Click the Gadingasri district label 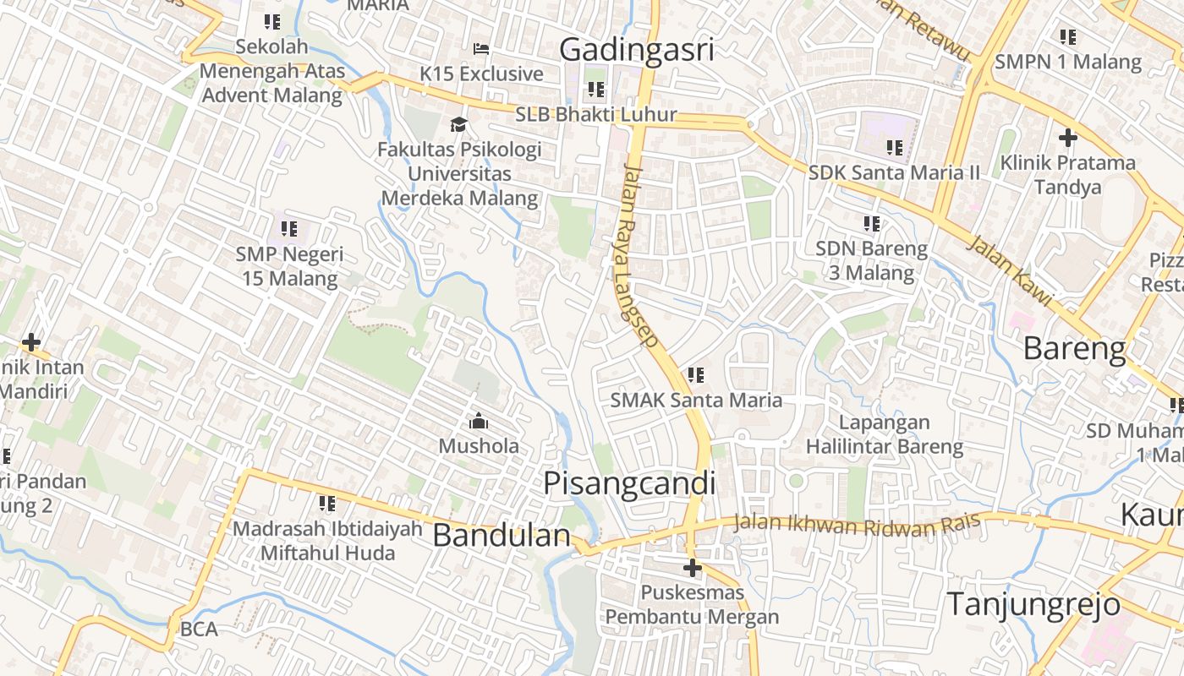point(637,49)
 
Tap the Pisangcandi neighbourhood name point(629,483)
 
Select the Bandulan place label point(502,535)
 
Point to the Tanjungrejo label point(1033,604)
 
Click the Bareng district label point(1074,348)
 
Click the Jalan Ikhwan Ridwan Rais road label point(856,524)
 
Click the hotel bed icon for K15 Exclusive point(481,49)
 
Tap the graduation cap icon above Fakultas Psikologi point(458,125)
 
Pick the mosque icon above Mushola point(478,420)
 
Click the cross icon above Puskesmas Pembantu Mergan point(692,567)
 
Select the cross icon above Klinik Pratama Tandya point(1067,137)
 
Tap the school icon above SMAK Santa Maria point(696,374)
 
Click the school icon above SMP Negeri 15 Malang point(289,228)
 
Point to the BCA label point(199,629)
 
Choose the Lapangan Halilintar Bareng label point(884,433)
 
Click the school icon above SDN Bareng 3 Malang point(871,224)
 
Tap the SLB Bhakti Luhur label point(596,114)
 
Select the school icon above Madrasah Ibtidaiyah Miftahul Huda point(326,504)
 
